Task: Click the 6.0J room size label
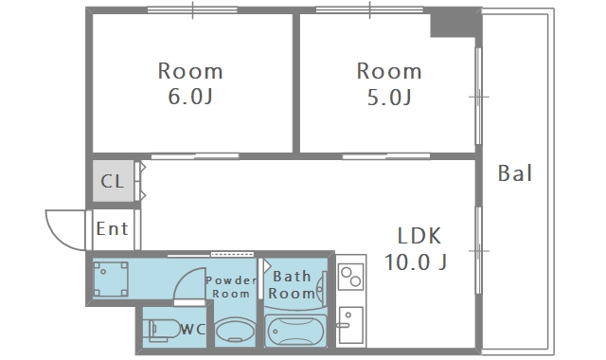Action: click(x=190, y=97)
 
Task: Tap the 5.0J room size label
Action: click(x=389, y=97)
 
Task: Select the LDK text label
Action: click(x=419, y=236)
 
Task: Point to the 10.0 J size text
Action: click(x=416, y=261)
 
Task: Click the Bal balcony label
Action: click(x=515, y=172)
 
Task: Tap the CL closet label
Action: click(x=112, y=181)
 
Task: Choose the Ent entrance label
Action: click(x=112, y=228)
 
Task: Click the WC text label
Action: click(x=192, y=329)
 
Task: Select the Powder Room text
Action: click(x=231, y=286)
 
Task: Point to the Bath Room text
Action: click(x=292, y=285)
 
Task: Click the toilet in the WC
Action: click(x=162, y=330)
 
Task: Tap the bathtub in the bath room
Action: click(x=295, y=331)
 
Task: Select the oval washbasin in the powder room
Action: click(x=235, y=331)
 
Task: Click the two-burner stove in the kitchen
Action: click(x=350, y=277)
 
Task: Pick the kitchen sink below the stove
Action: click(x=350, y=325)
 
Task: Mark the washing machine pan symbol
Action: click(x=111, y=279)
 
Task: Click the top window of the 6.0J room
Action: click(x=192, y=10)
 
